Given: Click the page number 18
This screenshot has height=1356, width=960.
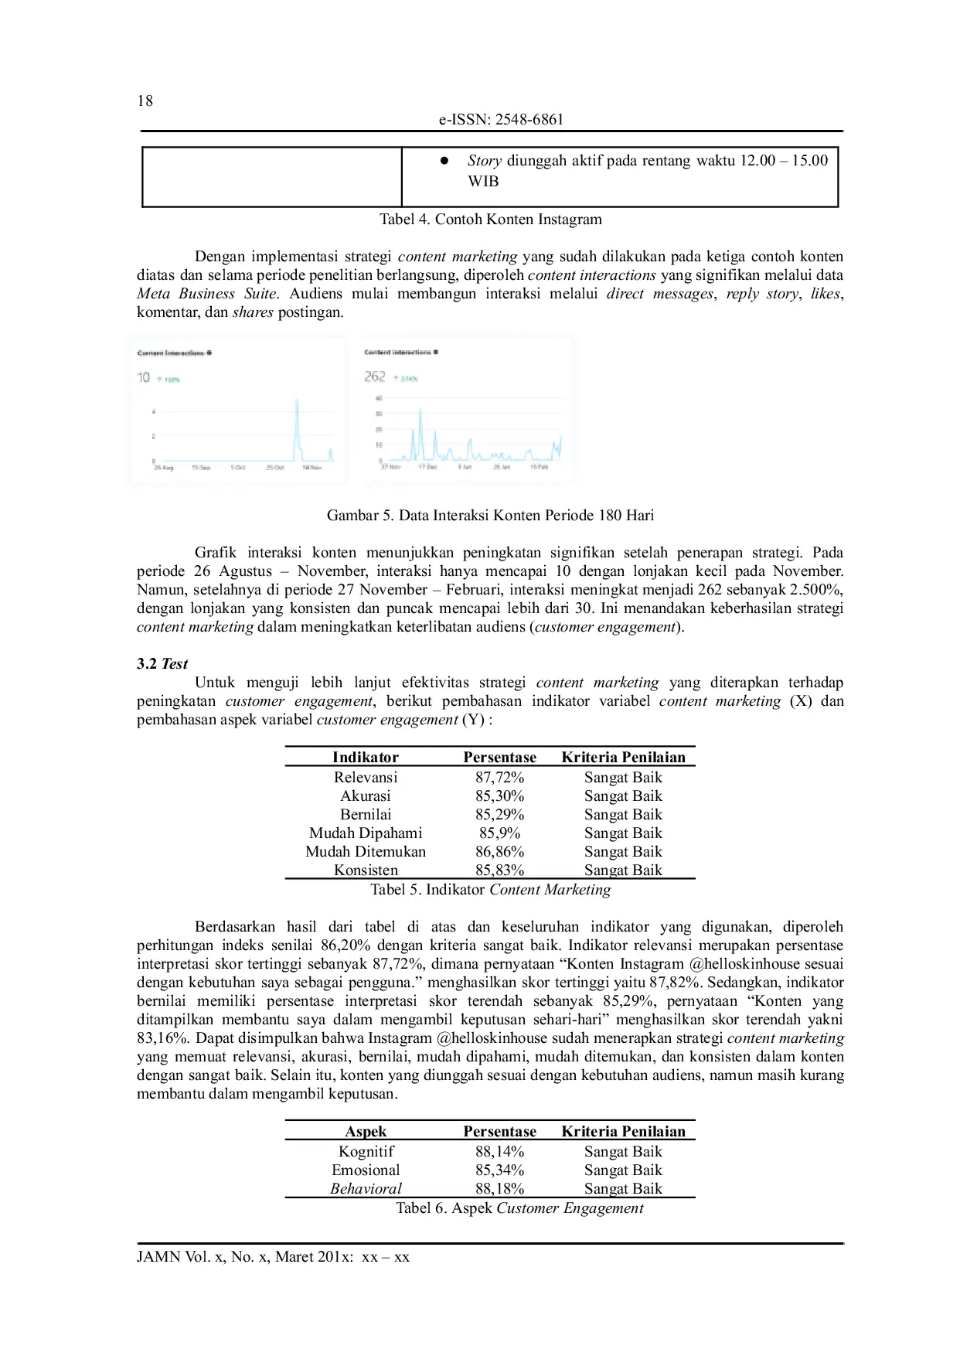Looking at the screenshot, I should (x=145, y=101).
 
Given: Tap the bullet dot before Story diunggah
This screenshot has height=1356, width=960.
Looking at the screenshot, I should (x=444, y=161).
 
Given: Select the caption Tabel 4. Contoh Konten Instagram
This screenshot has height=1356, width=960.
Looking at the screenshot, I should (x=490, y=219).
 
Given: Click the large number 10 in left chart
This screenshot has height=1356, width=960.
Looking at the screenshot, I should (x=144, y=377).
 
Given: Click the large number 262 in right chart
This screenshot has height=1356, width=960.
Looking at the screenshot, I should (x=375, y=376).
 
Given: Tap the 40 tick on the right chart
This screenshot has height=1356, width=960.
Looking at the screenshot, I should (x=379, y=398).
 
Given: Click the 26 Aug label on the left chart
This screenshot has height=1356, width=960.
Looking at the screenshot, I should (x=164, y=468).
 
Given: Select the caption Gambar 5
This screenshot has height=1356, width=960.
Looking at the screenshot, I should (x=490, y=515).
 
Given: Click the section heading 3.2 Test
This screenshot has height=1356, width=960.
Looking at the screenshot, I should (x=162, y=663).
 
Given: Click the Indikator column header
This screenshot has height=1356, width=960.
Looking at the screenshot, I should (x=366, y=757).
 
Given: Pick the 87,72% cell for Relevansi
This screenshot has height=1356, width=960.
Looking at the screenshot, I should (x=499, y=777).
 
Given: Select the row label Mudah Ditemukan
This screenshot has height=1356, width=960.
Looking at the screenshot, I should (x=366, y=851).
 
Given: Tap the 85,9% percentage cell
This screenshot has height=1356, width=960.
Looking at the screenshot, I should (x=499, y=833).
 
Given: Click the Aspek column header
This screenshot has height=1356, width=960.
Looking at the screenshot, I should (x=366, y=1131).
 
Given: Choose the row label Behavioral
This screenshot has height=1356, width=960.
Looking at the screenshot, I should (x=366, y=1188).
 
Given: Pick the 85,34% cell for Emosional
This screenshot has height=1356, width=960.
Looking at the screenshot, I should (x=499, y=1170).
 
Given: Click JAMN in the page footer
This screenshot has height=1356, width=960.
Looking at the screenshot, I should (x=158, y=1256).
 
